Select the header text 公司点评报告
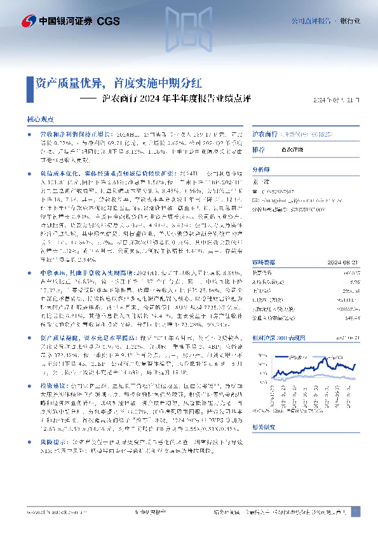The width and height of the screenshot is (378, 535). point(311,21)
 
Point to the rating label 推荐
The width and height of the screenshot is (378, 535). point(259,149)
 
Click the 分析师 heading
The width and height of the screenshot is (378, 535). point(261,170)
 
